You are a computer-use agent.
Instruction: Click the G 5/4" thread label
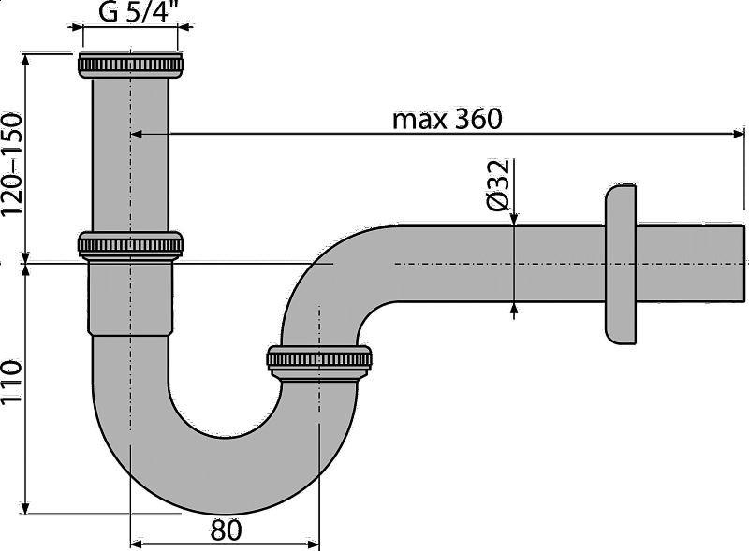[135, 11]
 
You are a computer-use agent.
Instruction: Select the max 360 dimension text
[448, 119]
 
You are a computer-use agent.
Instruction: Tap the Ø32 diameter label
[499, 185]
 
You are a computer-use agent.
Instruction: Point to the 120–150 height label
[12, 165]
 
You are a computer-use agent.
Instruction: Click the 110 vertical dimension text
[12, 382]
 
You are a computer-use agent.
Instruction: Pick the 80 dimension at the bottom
[227, 529]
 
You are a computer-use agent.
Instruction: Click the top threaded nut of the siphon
[130, 65]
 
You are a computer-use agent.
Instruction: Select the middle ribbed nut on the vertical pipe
[130, 245]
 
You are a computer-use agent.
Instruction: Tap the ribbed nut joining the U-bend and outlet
[319, 362]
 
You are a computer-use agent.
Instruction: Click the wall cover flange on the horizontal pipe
[621, 264]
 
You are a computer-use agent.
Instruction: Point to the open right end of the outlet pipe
[743, 263]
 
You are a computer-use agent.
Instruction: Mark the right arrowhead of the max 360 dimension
[739, 134]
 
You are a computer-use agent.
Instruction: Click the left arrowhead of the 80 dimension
[137, 544]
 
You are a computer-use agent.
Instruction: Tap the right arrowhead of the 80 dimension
[313, 544]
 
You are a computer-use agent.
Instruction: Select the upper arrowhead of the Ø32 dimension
[513, 218]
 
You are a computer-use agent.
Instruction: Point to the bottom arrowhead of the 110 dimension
[26, 508]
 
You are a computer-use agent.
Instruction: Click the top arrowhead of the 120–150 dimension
[26, 60]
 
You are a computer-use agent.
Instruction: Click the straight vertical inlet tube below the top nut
[130, 155]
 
